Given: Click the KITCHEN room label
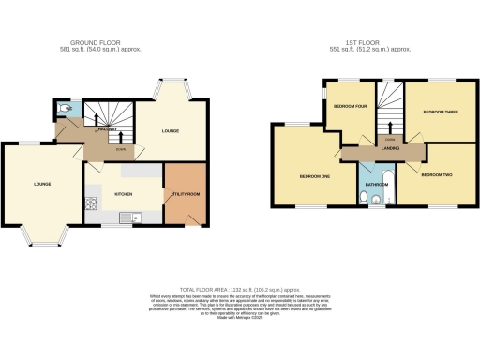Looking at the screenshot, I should coord(123,195).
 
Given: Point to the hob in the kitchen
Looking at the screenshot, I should coord(90,202).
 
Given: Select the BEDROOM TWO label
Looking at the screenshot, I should coord(436,175).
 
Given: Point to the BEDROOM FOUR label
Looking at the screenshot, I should coord(350,107).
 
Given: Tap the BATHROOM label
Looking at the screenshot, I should coord(375,185).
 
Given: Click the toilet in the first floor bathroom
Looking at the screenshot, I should coord(374,200).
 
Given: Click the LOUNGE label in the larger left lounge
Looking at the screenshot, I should coord(42,184).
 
